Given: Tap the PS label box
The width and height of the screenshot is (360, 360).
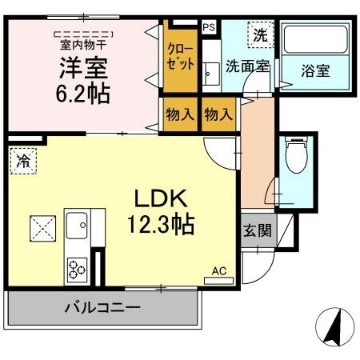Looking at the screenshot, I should [208, 27].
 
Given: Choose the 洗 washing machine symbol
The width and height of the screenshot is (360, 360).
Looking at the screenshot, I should [259, 35].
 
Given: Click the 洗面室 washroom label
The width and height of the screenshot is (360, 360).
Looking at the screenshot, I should [247, 67].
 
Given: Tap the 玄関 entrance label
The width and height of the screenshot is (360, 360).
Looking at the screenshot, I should [258, 232].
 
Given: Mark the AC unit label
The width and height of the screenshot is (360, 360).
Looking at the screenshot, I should [218, 271].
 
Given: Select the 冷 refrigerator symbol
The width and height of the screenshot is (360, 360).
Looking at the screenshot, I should [23, 162].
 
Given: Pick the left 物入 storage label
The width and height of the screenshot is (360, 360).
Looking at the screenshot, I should [180, 114].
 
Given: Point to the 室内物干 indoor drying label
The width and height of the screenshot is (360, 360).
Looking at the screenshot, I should [82, 44].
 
